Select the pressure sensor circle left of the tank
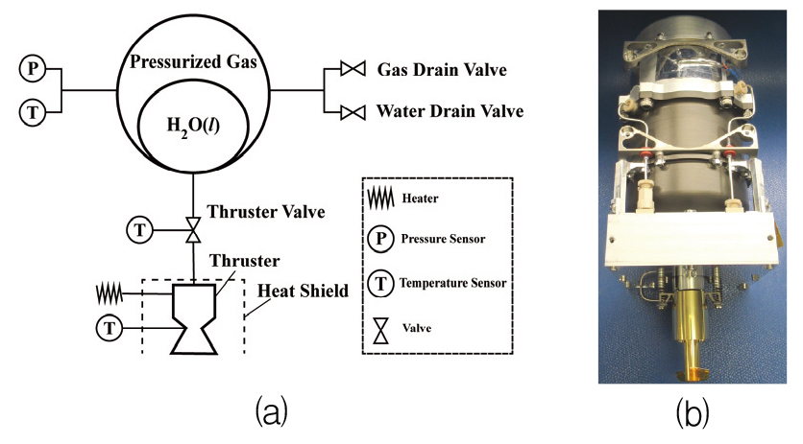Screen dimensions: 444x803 coord(32,69)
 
